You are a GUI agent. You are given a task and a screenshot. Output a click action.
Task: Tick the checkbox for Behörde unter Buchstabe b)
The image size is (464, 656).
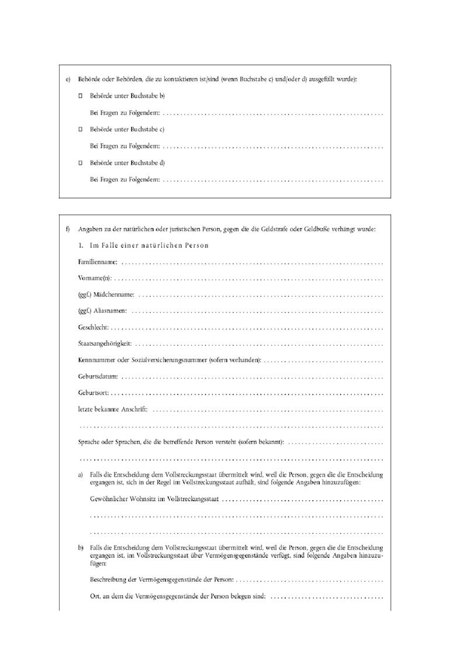[x=81, y=95]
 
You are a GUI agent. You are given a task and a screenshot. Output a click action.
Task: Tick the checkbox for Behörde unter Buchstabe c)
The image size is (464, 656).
[x=81, y=129]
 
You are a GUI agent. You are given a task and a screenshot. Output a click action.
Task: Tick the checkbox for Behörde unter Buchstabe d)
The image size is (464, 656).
[x=81, y=163]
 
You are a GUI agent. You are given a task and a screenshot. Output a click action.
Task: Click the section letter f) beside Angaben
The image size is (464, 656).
[x=68, y=229]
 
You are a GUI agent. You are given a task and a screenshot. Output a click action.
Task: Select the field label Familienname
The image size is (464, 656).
[x=98, y=262]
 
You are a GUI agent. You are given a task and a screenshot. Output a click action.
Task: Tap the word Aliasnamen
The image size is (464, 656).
[x=110, y=311]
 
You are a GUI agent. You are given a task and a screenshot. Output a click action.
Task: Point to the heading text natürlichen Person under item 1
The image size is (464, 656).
[x=169, y=245]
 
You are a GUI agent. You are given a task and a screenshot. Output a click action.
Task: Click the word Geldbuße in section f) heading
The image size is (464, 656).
[x=317, y=229]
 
